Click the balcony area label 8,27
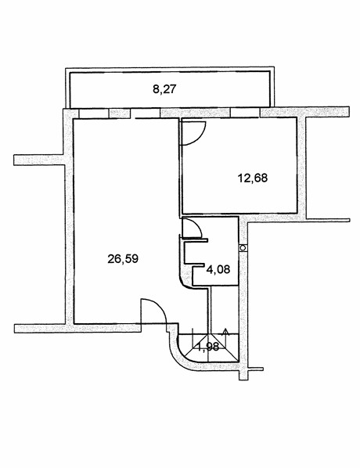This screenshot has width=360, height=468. point(164,89)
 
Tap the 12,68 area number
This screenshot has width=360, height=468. point(253,178)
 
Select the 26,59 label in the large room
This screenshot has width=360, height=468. point(123,259)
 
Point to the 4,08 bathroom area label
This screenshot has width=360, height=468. point(218,269)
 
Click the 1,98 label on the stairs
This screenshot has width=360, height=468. point(208,347)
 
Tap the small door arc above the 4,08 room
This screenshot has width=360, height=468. point(197,226)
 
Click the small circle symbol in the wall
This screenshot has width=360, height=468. point(243,248)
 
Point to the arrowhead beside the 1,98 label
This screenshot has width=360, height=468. point(225,331)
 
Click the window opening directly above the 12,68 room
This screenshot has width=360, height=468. point(245,113)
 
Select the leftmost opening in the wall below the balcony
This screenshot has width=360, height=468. point(94,113)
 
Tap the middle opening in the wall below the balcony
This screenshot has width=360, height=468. point(146,113)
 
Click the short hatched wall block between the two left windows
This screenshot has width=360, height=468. point(120,113)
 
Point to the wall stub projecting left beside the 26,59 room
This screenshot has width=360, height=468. point(38,160)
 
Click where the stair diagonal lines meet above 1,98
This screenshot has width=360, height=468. point(209,333)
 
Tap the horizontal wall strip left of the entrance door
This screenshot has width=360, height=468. point(77,329)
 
